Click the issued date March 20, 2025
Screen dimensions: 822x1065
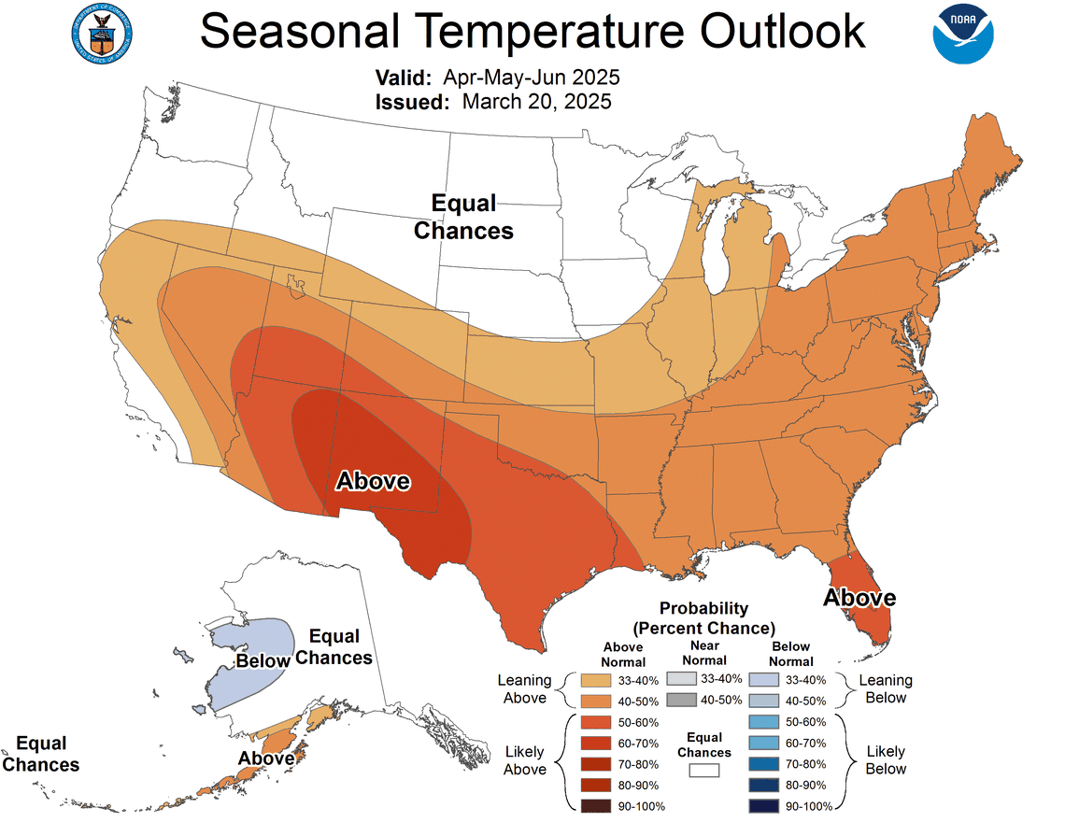(x=536, y=102)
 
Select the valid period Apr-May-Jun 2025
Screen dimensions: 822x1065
(x=532, y=77)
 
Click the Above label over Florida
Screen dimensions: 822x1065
(x=859, y=598)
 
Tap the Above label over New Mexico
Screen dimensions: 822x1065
(x=373, y=481)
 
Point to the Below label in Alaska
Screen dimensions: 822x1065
(x=263, y=661)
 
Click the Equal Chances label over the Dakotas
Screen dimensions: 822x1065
(x=463, y=217)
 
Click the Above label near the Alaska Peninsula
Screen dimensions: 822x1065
(x=266, y=758)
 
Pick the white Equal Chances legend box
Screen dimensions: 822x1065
(x=704, y=771)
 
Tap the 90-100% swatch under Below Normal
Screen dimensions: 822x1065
(x=763, y=805)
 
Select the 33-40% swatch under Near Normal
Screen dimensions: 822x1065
(x=682, y=679)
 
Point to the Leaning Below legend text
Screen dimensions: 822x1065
(x=885, y=688)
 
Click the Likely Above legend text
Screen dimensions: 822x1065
(x=525, y=760)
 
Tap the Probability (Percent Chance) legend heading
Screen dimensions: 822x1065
(x=703, y=617)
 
